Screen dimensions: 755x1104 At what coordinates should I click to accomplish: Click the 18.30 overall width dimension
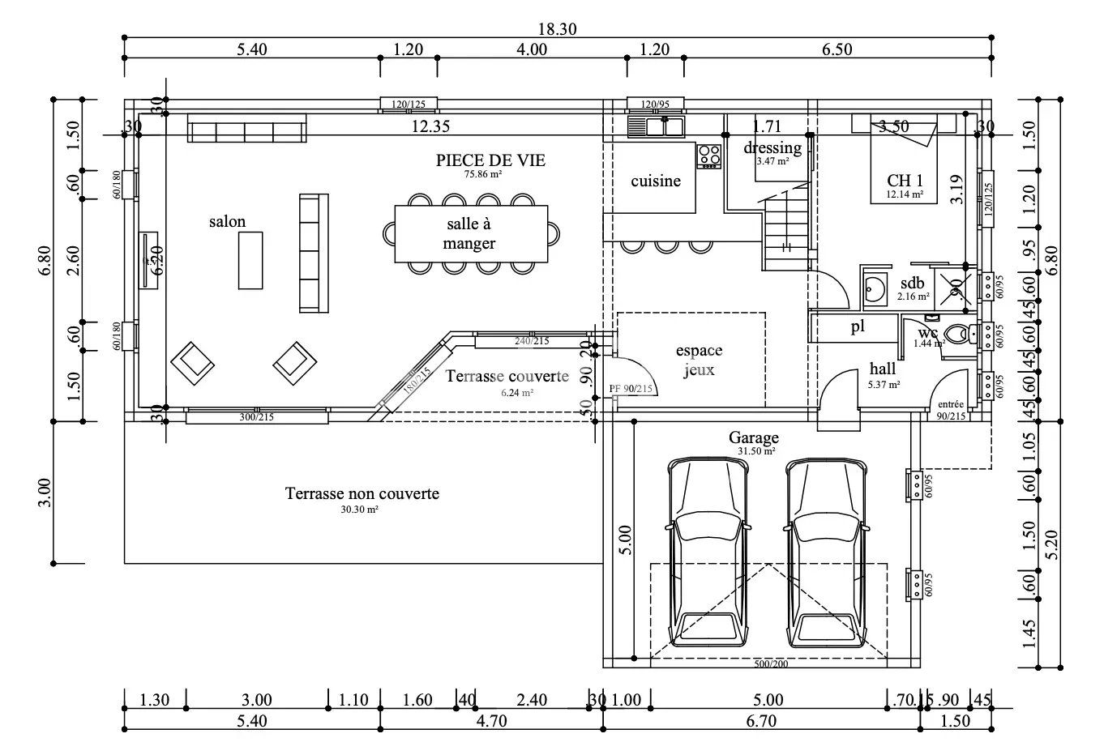tap(557, 29)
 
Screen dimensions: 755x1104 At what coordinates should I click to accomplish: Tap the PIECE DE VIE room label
tap(490, 160)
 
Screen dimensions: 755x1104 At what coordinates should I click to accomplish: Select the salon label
tap(227, 222)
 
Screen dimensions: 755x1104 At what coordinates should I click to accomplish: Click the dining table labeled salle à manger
tap(470, 234)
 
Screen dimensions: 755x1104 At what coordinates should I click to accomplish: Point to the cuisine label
tap(656, 181)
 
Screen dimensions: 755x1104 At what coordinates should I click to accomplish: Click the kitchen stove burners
tap(709, 156)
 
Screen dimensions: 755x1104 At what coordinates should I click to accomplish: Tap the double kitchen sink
tap(656, 126)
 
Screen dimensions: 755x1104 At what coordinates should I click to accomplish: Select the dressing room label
tap(772, 148)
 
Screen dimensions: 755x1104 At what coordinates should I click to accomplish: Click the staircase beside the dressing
tap(785, 227)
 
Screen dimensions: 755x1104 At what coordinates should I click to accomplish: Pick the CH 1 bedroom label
tap(905, 181)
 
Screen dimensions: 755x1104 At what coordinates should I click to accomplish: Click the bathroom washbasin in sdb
tap(875, 288)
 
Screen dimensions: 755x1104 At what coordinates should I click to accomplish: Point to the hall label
tap(883, 369)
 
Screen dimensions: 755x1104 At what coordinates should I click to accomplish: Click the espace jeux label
tap(699, 360)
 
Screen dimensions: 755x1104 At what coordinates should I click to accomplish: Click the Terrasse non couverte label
tap(362, 493)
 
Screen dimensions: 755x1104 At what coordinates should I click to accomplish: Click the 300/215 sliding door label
tap(257, 417)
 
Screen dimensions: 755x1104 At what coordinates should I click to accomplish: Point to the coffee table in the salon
tap(250, 260)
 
